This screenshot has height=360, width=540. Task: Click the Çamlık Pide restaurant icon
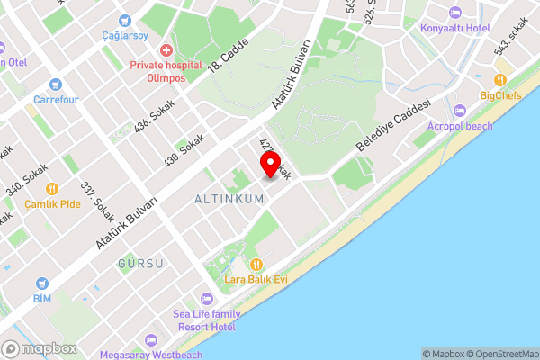tap(52, 189)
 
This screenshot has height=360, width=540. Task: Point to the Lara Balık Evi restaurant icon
tap(256, 265)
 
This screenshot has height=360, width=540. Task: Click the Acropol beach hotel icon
tap(460, 111)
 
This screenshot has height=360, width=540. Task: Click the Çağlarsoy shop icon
tap(124, 19)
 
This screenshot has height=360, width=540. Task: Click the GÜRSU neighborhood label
tap(140, 264)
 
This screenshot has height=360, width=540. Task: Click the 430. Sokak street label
tap(184, 150)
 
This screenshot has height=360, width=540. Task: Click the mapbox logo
tap(39, 348)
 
